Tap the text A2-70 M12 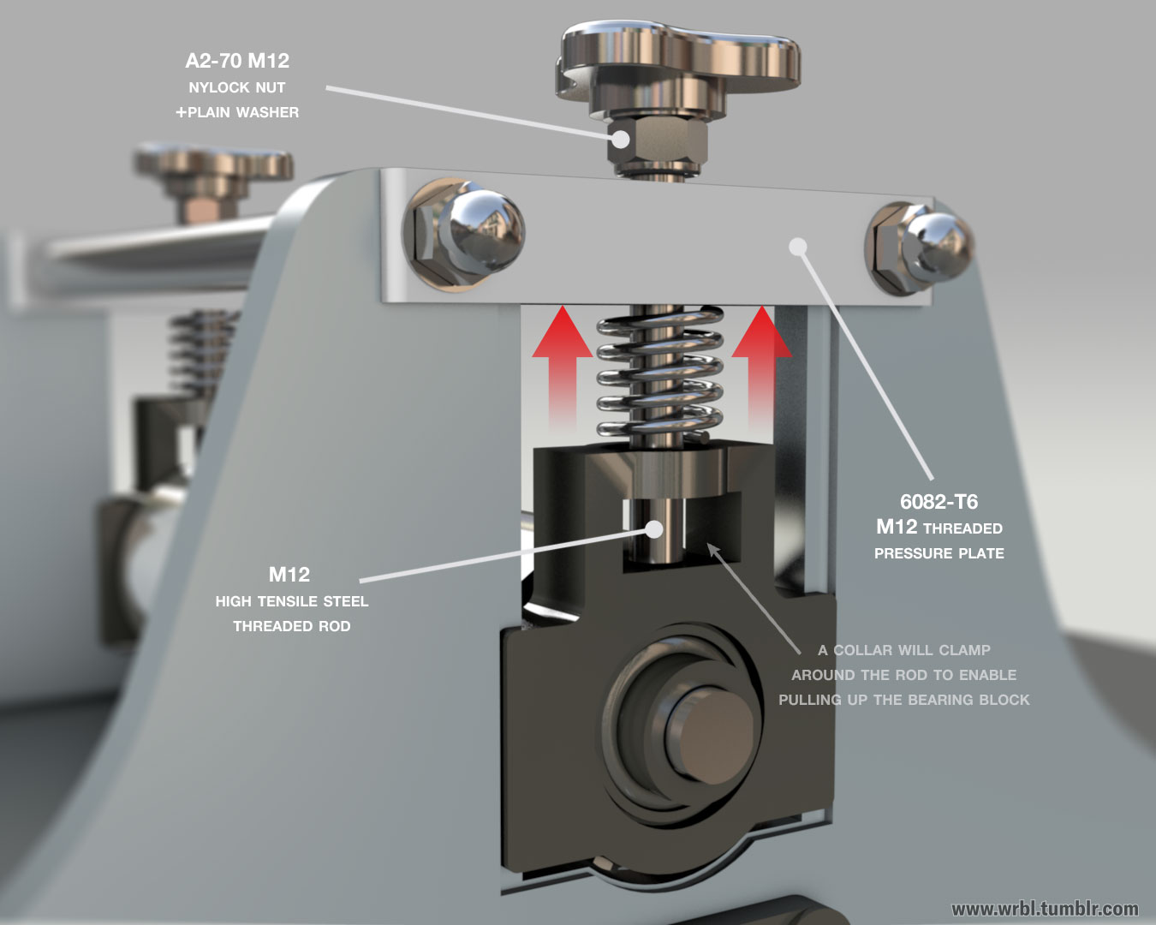pos(237,61)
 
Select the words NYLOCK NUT pos(237,87)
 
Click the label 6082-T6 pos(939,502)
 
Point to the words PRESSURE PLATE pos(939,553)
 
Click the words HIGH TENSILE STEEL pos(292,601)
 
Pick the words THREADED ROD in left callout pos(292,626)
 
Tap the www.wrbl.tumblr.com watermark pos(1045,909)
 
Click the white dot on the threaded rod pos(653,529)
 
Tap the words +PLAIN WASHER pos(237,112)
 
